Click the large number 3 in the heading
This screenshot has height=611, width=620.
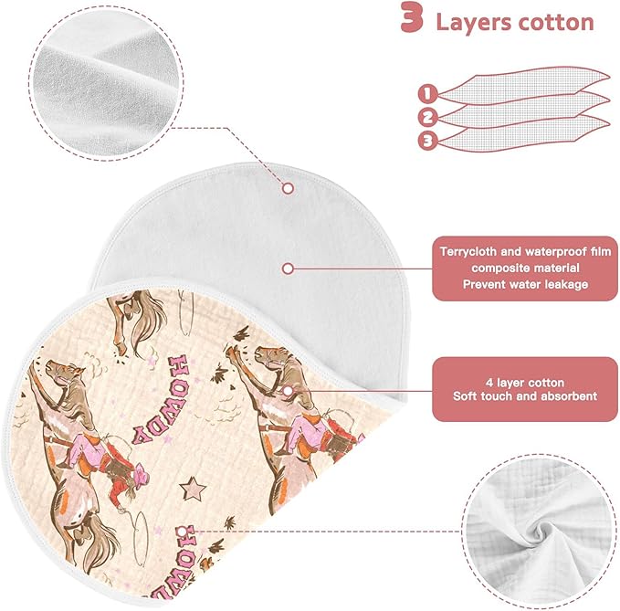coord(412,17)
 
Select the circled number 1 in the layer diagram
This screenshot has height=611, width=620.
coord(427,94)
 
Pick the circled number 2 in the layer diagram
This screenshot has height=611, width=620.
coord(427,118)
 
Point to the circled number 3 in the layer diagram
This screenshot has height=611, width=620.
coord(427,141)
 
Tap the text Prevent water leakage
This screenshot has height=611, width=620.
coord(526,284)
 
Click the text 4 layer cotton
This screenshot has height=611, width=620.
coord(525,383)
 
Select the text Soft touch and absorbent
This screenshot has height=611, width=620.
coord(525,396)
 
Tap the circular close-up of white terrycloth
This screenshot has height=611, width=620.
coord(106,83)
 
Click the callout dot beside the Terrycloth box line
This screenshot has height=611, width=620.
coord(289,269)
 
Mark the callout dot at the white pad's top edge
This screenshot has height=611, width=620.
coord(289,188)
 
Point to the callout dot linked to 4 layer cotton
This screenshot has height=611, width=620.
coord(289,391)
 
